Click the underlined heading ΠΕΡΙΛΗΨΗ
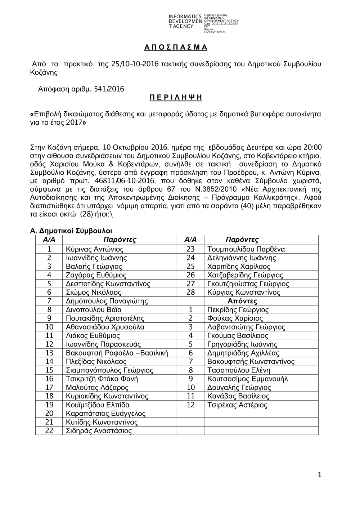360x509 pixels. point(176,98)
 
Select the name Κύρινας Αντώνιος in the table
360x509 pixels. point(95,249)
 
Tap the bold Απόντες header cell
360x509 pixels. point(242,301)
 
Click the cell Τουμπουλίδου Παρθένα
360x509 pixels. point(246,249)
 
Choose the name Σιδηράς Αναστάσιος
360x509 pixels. point(99,431)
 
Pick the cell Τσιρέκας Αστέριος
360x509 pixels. point(237,405)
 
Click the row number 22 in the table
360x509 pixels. point(49,431)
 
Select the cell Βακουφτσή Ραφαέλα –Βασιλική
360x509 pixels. point(117,353)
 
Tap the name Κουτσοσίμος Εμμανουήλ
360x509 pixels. point(248,379)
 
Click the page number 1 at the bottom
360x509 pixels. point(319,475)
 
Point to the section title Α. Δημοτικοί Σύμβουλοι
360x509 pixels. point(71,231)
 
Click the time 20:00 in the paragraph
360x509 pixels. point(313,147)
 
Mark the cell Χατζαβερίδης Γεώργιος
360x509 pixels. point(245,275)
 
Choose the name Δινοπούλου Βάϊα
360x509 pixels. point(94,310)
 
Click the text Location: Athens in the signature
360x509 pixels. point(215,32)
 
